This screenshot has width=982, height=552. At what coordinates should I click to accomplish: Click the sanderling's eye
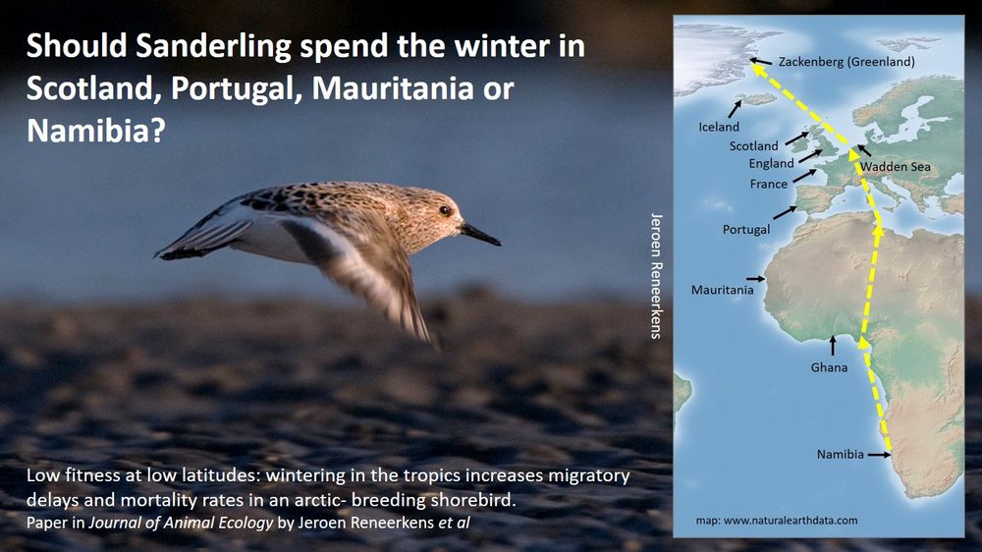tap(445, 210)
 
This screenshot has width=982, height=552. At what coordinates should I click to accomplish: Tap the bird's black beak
tap(481, 235)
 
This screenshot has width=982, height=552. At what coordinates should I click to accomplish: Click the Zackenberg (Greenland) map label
tap(846, 62)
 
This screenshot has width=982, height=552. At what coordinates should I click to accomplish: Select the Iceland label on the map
tap(719, 127)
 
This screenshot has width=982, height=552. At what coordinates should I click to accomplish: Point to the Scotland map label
tap(753, 146)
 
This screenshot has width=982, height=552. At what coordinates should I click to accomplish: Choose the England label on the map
tap(771, 163)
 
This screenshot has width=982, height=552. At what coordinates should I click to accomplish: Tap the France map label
tap(769, 184)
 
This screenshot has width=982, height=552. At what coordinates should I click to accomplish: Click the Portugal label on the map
tap(746, 229)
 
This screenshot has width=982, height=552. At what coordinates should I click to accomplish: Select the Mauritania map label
tap(722, 290)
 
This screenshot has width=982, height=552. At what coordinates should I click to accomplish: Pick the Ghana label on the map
tap(829, 367)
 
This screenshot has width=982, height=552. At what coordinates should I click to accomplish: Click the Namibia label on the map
tap(840, 454)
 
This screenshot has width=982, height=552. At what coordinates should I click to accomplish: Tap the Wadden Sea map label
tap(895, 167)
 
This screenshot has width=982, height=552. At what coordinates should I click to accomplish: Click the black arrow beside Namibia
tap(879, 455)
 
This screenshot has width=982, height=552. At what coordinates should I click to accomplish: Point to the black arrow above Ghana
tap(833, 346)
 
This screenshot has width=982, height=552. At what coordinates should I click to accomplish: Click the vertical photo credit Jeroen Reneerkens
tap(656, 276)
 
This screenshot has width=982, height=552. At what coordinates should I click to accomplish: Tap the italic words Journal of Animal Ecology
tap(181, 522)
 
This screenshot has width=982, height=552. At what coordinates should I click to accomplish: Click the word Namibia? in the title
tap(96, 131)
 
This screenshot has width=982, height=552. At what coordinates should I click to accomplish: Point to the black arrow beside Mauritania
tap(755, 278)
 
